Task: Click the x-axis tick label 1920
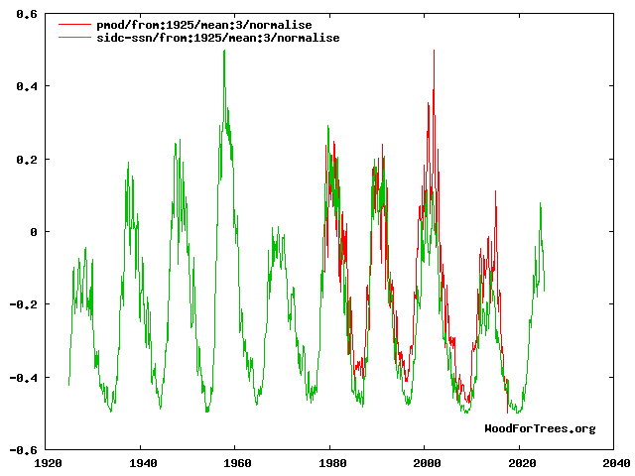[48, 462]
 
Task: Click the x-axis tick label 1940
[142, 462]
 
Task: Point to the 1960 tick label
[236, 462]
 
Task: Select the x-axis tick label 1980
[331, 462]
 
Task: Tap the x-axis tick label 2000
[426, 462]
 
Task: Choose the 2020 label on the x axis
[520, 462]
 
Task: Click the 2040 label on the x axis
[615, 462]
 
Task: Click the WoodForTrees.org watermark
[540, 428]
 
